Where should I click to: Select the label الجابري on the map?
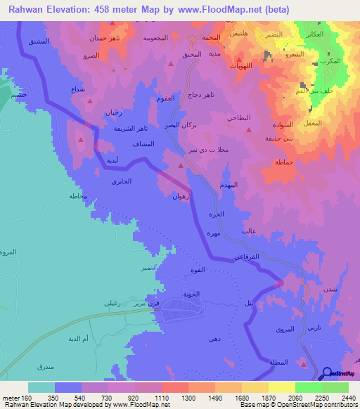click(121, 182)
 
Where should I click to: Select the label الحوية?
click(191, 294)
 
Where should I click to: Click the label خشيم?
click(18, 96)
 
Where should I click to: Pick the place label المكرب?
click(339, 61)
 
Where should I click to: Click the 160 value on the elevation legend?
click(27, 398)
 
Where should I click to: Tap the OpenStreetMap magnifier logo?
click(329, 374)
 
